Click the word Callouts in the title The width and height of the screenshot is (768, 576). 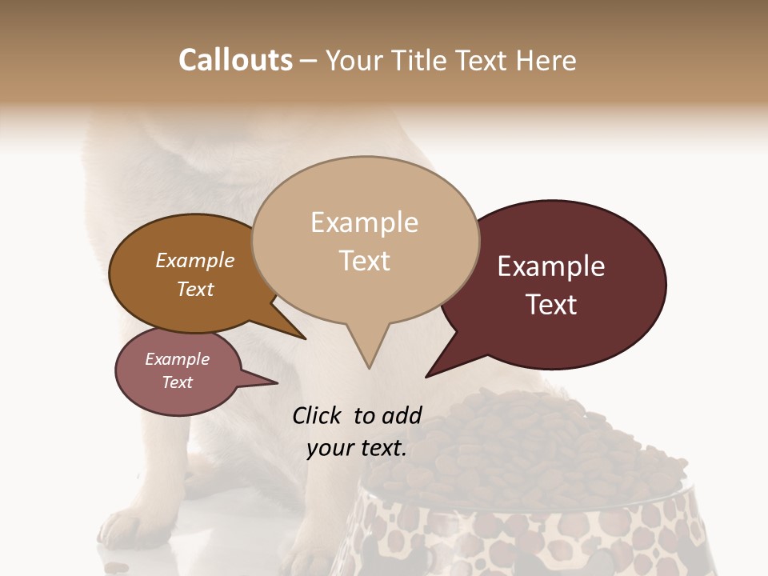235,60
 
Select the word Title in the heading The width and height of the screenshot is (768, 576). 418,60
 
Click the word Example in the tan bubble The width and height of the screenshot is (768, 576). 364,222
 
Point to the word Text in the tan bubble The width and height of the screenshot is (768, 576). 364,261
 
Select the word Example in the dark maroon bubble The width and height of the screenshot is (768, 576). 551,266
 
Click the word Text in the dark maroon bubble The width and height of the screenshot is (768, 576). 551,305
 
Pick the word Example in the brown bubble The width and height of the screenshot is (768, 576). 194,261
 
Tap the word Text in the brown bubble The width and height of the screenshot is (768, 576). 194,289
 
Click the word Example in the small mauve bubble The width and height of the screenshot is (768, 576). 177,359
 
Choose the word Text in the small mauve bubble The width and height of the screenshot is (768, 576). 177,382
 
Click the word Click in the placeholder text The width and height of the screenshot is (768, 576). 318,415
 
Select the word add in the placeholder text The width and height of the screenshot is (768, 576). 402,415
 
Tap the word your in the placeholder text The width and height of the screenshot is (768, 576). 329,448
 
